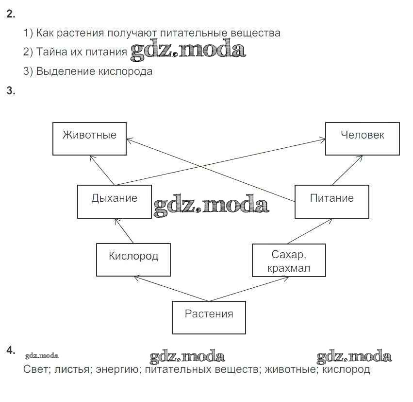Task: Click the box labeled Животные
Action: (x=89, y=139)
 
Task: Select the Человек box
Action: (x=362, y=139)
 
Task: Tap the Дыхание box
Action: (x=114, y=201)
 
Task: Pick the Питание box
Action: (x=331, y=201)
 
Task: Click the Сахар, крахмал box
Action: (x=289, y=260)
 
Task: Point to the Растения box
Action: (x=209, y=317)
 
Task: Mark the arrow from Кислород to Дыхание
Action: (x=124, y=231)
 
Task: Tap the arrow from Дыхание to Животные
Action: (x=102, y=170)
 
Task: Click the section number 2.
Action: (x=11, y=14)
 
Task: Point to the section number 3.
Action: (x=11, y=90)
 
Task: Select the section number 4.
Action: (x=11, y=350)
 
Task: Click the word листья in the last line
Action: (x=72, y=369)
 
